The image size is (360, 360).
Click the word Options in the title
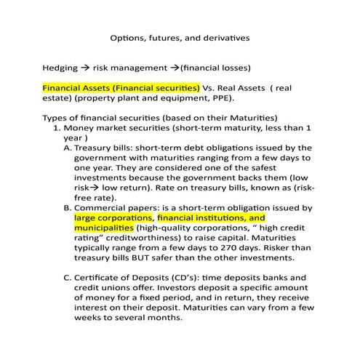pyautogui.click(x=126, y=37)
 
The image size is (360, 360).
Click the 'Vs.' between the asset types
pyautogui.click(x=210, y=87)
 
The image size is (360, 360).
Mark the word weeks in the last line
pyautogui.click(x=90, y=317)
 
